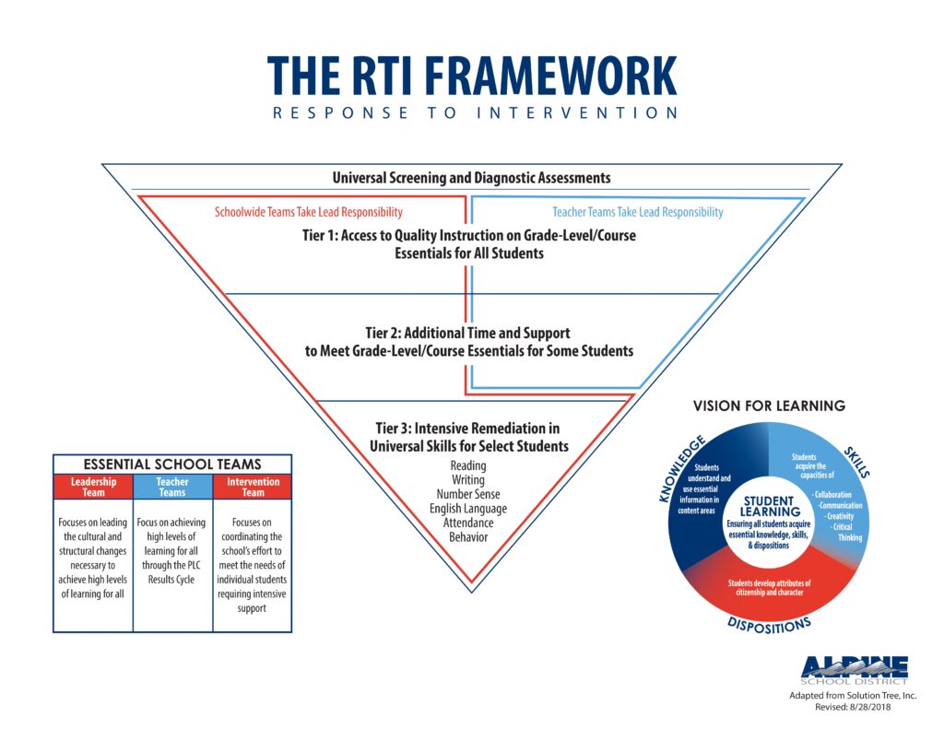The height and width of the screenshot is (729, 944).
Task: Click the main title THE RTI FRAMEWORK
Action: point(472,76)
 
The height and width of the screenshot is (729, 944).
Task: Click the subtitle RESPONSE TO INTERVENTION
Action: point(475,112)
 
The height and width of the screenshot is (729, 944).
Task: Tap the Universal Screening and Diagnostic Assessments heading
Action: point(471,178)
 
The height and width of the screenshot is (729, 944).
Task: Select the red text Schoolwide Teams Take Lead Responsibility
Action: point(308,212)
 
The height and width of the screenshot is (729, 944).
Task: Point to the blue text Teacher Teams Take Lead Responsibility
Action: point(638,212)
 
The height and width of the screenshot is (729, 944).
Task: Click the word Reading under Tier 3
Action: point(467,465)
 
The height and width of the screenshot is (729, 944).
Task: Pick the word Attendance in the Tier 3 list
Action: point(467,523)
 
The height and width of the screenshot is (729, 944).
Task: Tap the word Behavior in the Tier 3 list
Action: point(467,537)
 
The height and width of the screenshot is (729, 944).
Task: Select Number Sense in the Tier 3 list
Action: point(467,494)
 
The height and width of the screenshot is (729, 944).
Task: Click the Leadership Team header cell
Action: point(93,487)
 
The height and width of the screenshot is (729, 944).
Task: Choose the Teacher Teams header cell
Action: point(172,487)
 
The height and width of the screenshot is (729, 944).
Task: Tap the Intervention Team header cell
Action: point(253,487)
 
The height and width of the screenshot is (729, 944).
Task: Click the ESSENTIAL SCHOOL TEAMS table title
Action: point(172,464)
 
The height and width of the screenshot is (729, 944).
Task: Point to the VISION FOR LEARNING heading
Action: point(769,406)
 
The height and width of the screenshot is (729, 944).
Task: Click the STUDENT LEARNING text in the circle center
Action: point(770,506)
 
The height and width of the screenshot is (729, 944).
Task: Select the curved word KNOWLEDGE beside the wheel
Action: point(681,468)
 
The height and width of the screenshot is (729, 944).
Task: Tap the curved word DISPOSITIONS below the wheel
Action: point(769,625)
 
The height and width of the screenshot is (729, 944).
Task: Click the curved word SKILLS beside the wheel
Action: point(856,462)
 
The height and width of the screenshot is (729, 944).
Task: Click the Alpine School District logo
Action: point(854,671)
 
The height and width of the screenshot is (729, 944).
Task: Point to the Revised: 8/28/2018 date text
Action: point(853,707)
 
